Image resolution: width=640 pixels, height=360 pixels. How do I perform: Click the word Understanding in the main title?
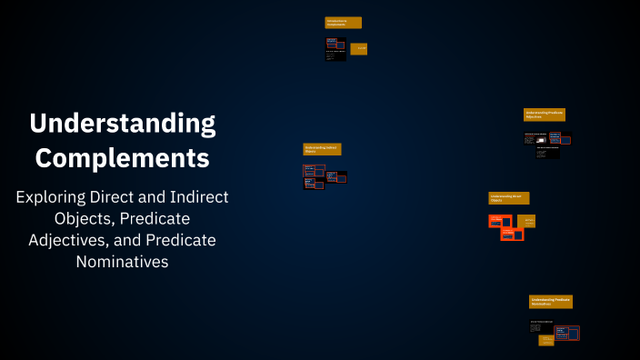click(122, 123)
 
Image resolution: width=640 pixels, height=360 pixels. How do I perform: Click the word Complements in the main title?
click(122, 157)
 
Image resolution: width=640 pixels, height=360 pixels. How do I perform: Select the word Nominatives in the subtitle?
click(123, 262)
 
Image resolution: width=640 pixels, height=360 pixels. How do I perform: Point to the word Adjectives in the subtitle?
click(69, 240)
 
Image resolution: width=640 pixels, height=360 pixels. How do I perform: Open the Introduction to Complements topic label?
click(343, 23)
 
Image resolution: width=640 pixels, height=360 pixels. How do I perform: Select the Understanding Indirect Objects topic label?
click(322, 148)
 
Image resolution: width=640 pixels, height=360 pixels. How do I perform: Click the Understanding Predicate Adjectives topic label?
click(544, 115)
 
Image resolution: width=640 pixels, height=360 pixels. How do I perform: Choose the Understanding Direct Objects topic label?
click(508, 197)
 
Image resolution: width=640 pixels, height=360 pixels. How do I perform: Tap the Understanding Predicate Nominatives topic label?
click(550, 301)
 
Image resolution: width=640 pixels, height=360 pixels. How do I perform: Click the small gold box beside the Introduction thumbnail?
click(359, 49)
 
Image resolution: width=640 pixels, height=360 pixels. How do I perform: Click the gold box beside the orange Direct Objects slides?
click(525, 220)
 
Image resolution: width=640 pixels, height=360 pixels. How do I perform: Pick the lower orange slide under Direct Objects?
click(512, 235)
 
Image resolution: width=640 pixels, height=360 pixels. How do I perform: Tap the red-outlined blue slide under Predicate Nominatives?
click(566, 333)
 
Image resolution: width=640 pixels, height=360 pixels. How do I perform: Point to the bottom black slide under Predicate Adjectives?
click(547, 153)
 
